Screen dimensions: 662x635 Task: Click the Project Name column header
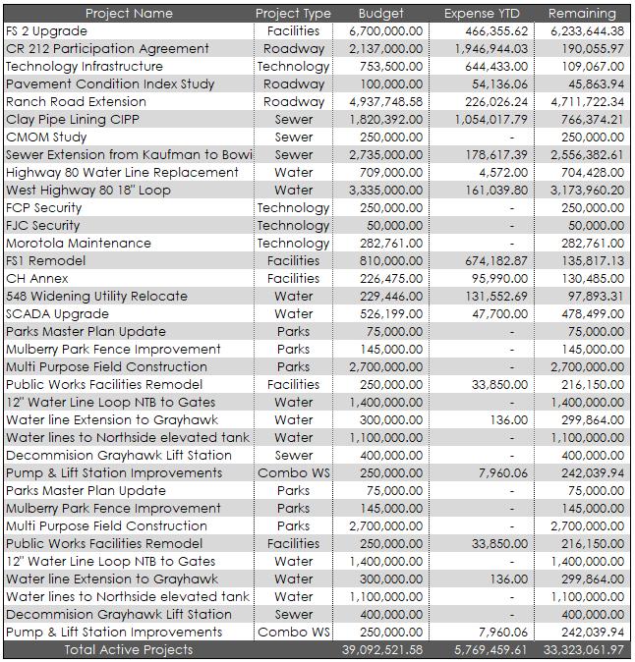pos(129,14)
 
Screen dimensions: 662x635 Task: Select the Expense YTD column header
pos(481,14)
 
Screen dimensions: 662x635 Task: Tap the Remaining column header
pos(582,14)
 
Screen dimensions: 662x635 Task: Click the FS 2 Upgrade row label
pos(47,31)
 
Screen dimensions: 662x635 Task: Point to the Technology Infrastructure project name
pos(85,67)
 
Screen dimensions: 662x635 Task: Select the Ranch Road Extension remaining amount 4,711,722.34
pos(582,102)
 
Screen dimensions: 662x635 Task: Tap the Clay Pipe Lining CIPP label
pos(73,120)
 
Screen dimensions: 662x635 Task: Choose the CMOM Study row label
pos(46,138)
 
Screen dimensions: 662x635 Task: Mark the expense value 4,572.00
pos(502,173)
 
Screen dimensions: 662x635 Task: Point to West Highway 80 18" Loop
pos(88,191)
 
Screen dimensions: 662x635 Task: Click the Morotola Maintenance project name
pos(79,244)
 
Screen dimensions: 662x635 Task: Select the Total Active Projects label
pos(129,650)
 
